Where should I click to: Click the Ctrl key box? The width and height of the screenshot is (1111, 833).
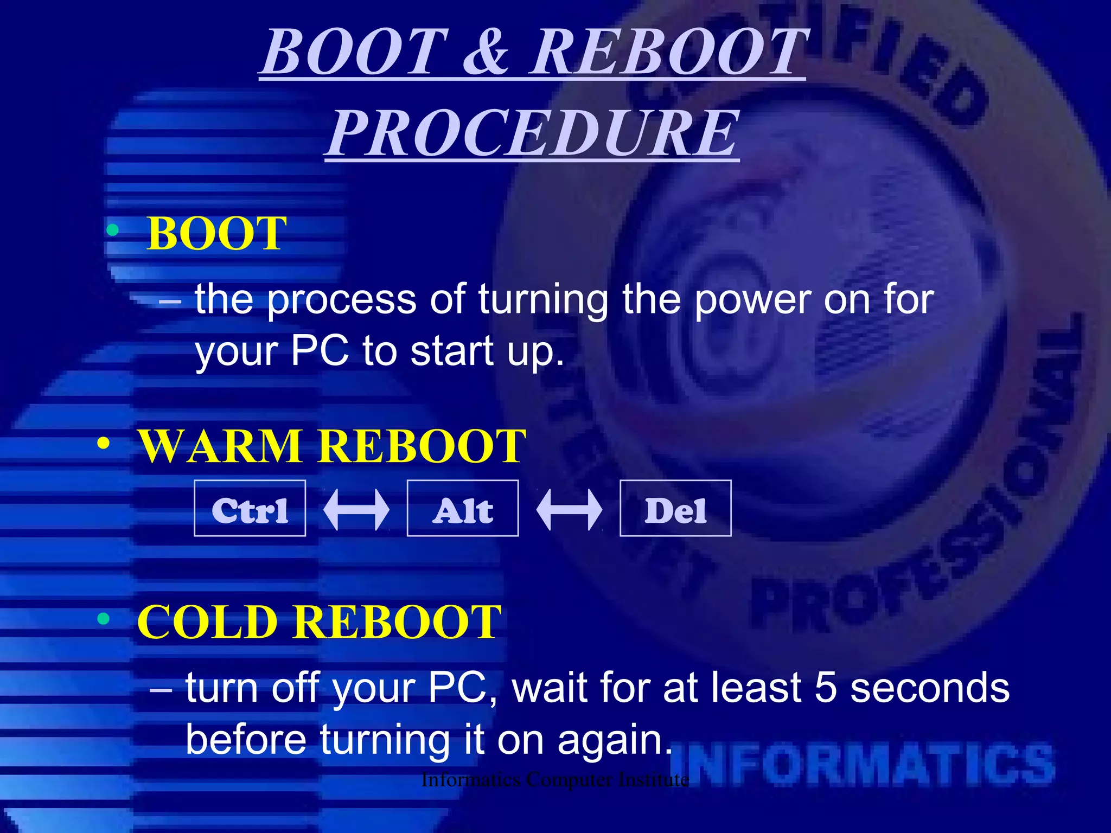pyautogui.click(x=250, y=509)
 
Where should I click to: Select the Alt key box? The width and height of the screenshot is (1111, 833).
pyautogui.click(x=463, y=509)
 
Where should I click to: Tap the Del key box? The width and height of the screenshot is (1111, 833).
pyautogui.click(x=675, y=509)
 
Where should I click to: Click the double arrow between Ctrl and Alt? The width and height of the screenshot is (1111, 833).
pyautogui.click(x=356, y=509)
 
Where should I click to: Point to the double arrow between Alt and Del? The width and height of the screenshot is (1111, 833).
pyautogui.click(x=569, y=509)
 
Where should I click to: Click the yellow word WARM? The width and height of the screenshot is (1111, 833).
pyautogui.click(x=220, y=446)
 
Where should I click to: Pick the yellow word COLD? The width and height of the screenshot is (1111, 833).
pyautogui.click(x=207, y=621)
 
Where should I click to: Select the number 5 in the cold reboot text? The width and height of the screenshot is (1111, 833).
pyautogui.click(x=826, y=688)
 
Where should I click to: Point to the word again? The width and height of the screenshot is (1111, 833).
pyautogui.click(x=614, y=740)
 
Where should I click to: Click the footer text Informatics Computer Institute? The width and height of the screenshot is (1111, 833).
pyautogui.click(x=554, y=780)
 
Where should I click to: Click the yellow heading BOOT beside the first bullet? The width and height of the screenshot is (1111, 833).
pyautogui.click(x=216, y=233)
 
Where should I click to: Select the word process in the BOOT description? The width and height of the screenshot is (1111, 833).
pyautogui.click(x=342, y=299)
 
